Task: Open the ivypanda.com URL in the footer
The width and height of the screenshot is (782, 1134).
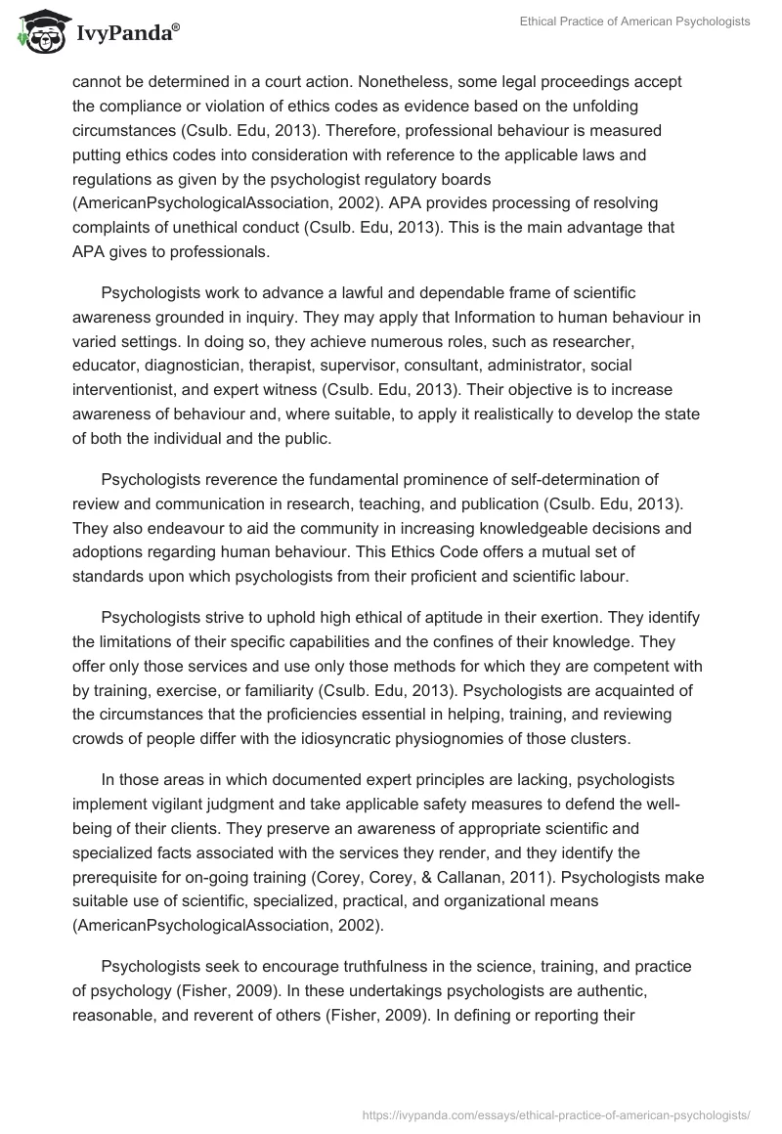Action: pos(555,1113)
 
